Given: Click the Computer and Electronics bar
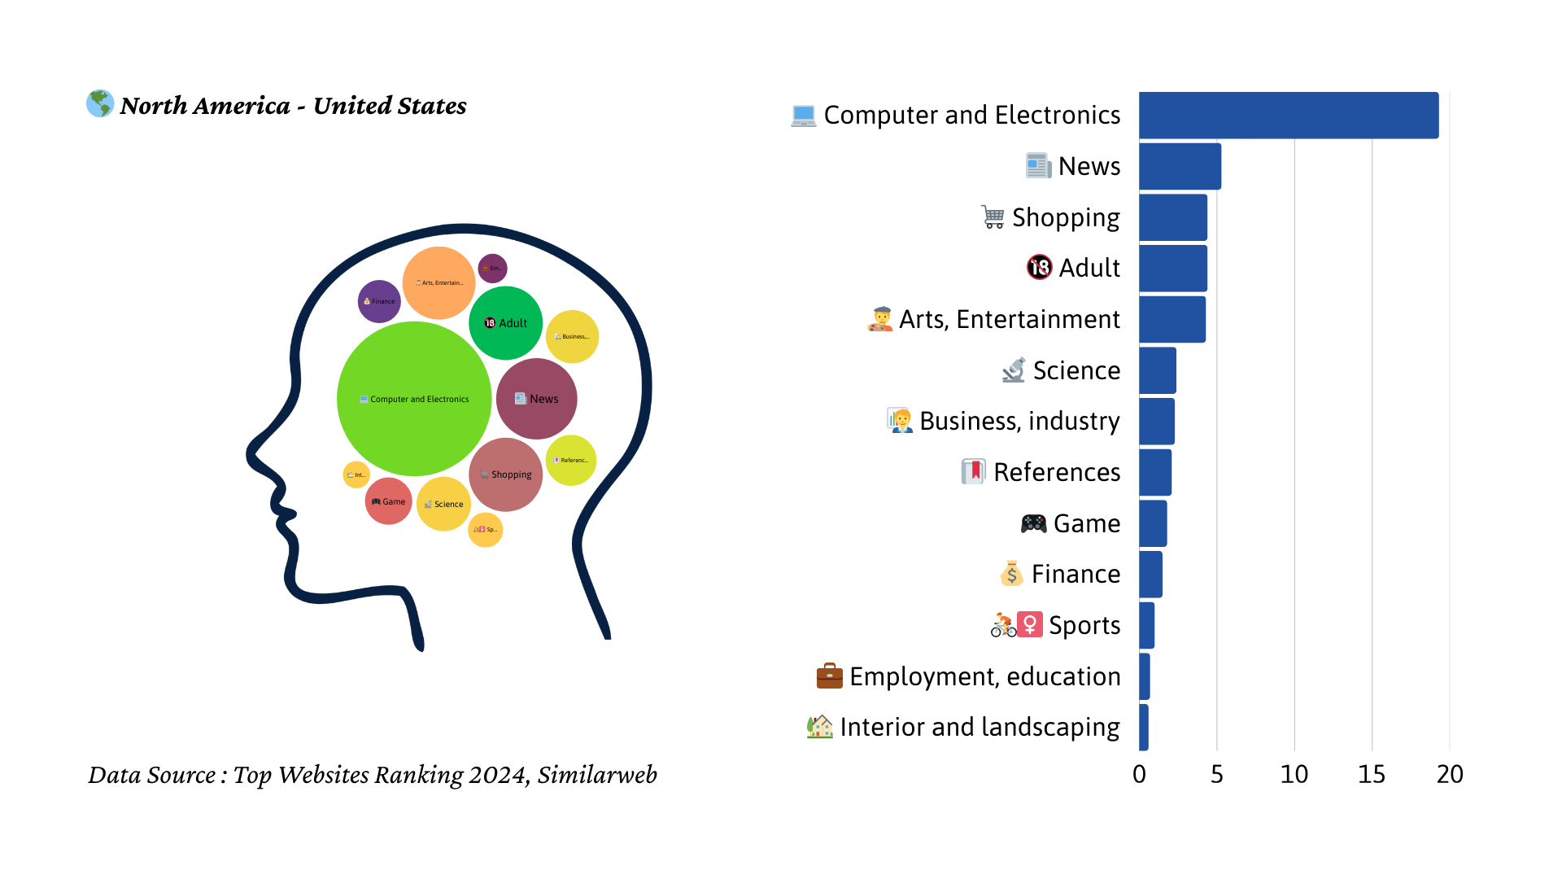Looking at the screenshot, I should (1288, 116).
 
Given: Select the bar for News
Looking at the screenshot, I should (1180, 167).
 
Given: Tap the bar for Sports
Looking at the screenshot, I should (1146, 625).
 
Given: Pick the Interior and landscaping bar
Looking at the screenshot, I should (1144, 727).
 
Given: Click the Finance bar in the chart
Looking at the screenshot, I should (1150, 575).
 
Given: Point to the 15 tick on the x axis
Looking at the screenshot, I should (1372, 774).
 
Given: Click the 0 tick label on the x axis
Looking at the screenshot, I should (1139, 774).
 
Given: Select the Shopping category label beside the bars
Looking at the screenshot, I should (1066, 218).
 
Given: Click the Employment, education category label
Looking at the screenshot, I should (984, 676).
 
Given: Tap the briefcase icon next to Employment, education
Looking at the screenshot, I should (829, 676).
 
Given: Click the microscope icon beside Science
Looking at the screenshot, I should (1014, 370).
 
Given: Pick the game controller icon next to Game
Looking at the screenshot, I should (1033, 523).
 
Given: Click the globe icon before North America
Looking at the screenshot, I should (100, 104).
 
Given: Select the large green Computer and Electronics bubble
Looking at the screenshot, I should (414, 399).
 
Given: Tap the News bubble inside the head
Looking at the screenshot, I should (537, 399).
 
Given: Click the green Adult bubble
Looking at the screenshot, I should (506, 323).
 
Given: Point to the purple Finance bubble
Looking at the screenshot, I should (379, 301).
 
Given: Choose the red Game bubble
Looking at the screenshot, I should (388, 501).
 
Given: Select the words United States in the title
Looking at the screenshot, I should (390, 106).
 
